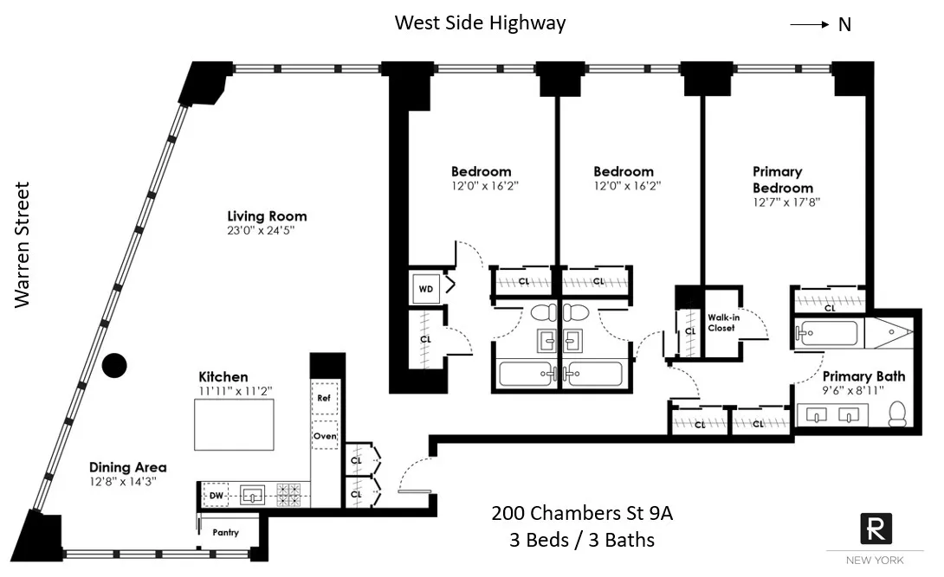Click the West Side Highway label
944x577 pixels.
480,22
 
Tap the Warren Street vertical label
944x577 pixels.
23,245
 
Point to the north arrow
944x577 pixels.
810,25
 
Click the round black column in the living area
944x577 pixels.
114,366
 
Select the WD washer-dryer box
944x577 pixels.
426,289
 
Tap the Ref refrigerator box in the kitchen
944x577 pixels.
324,398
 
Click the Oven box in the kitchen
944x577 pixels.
324,436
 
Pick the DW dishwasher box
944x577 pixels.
215,496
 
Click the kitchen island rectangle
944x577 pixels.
234,425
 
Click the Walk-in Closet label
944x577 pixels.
721,323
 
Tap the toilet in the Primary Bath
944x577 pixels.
898,414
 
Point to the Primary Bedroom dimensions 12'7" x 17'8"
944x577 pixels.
785,202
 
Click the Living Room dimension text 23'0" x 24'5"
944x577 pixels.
266,230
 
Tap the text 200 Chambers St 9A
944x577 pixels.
582,514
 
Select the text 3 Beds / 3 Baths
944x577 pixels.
582,541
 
